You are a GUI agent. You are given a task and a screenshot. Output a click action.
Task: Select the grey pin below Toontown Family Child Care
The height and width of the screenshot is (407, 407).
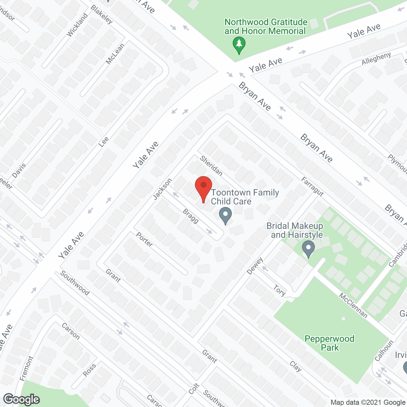pyautogui.click(x=225, y=215)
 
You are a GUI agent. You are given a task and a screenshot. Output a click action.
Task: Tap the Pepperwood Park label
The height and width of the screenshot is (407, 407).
pyautogui.click(x=329, y=343)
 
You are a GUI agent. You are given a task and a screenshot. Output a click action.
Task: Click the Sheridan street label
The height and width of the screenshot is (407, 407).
pyautogui.click(x=211, y=166)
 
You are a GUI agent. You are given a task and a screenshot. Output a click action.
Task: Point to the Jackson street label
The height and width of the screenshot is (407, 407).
pyautogui.click(x=162, y=189)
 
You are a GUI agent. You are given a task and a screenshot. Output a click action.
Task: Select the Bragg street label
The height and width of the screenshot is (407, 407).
pyautogui.click(x=191, y=216)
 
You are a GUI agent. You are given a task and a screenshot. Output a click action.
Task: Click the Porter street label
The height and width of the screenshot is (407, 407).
pyautogui.click(x=144, y=239)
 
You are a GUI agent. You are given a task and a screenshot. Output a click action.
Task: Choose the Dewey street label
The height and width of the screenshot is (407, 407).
pyautogui.click(x=255, y=266)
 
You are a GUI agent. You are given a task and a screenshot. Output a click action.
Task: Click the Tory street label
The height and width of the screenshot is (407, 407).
pyautogui.click(x=279, y=290)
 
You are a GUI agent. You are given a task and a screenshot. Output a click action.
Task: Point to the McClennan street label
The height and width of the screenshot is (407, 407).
pyautogui.click(x=353, y=306)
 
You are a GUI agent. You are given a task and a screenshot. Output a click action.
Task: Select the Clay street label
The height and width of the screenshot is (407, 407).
pyautogui.click(x=296, y=366)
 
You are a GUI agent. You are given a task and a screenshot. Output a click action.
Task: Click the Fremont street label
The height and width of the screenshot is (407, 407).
pyautogui.click(x=26, y=368)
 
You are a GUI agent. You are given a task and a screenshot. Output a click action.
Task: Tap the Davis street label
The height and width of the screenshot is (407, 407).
pyautogui.click(x=19, y=171)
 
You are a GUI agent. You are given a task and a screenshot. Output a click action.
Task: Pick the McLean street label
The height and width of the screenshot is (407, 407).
pyautogui.click(x=115, y=54)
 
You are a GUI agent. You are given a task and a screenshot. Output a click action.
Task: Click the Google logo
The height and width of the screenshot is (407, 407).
pyautogui.click(x=21, y=399)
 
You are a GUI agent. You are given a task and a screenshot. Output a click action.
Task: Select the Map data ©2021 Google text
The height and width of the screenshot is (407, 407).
pyautogui.click(x=368, y=403)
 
